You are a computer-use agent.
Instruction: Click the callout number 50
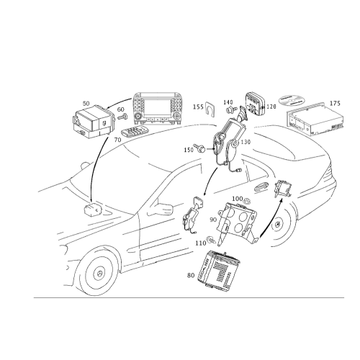point(86,104)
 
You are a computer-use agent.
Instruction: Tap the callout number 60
point(121,109)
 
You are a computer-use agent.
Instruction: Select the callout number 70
point(117,140)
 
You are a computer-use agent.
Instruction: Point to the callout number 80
point(191,275)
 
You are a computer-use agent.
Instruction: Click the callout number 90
point(213,220)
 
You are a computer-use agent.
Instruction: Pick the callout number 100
point(238,199)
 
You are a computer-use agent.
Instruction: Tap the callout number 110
point(201,243)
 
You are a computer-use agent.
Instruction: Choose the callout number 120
point(271,107)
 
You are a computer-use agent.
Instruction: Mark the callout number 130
point(246,142)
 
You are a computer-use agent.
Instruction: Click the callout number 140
point(228,102)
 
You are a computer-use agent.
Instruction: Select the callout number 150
point(189,150)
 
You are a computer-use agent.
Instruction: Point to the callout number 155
point(198,107)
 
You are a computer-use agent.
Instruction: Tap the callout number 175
point(335,103)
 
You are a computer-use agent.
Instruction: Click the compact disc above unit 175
point(291,100)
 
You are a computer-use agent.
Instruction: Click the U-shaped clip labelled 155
point(210,107)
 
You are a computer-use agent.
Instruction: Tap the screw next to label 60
point(123,117)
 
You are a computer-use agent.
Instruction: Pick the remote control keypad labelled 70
point(135,132)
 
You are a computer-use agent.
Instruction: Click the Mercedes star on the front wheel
point(99,274)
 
